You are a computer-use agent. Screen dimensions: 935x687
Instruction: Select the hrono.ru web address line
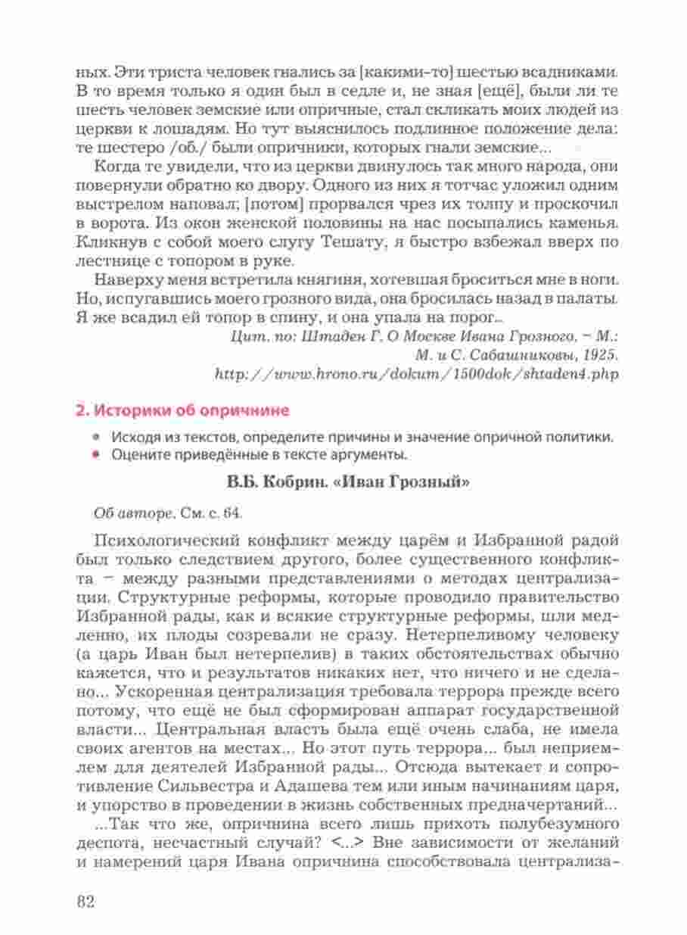(x=412, y=375)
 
